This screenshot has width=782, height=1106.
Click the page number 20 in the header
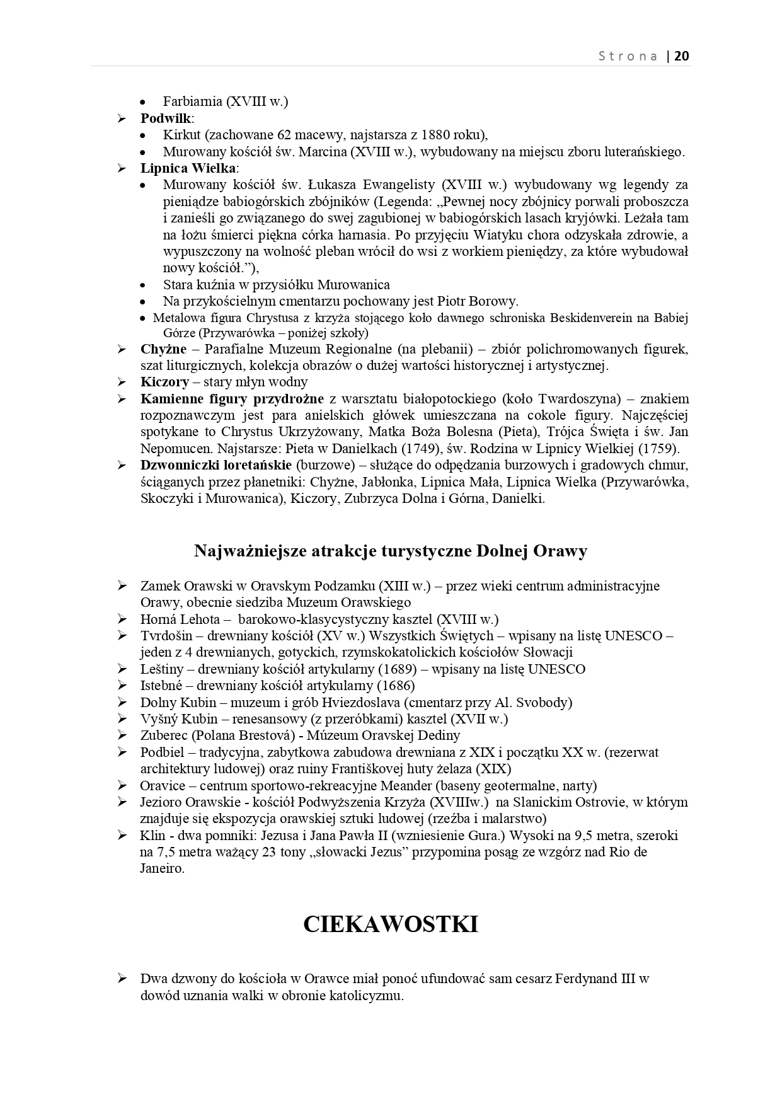click(682, 56)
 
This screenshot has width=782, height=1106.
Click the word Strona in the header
click(628, 56)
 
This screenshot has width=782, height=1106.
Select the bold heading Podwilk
click(166, 118)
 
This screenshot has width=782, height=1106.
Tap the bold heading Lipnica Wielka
click(188, 168)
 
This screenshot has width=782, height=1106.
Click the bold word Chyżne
click(163, 349)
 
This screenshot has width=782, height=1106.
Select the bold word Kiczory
click(164, 382)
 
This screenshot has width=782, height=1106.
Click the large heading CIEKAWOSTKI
click(391, 924)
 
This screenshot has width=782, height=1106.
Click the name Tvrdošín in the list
click(162, 635)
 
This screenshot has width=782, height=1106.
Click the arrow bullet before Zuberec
click(122, 735)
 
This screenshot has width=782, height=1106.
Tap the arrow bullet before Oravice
click(122, 785)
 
